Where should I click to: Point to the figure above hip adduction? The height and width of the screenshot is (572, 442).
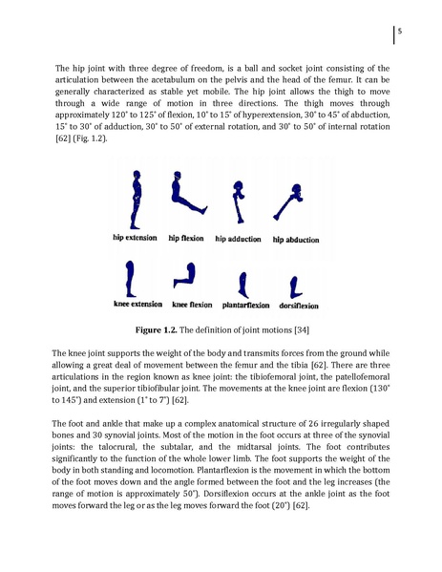click(x=239, y=201)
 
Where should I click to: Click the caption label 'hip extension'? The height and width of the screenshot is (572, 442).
click(x=135, y=238)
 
